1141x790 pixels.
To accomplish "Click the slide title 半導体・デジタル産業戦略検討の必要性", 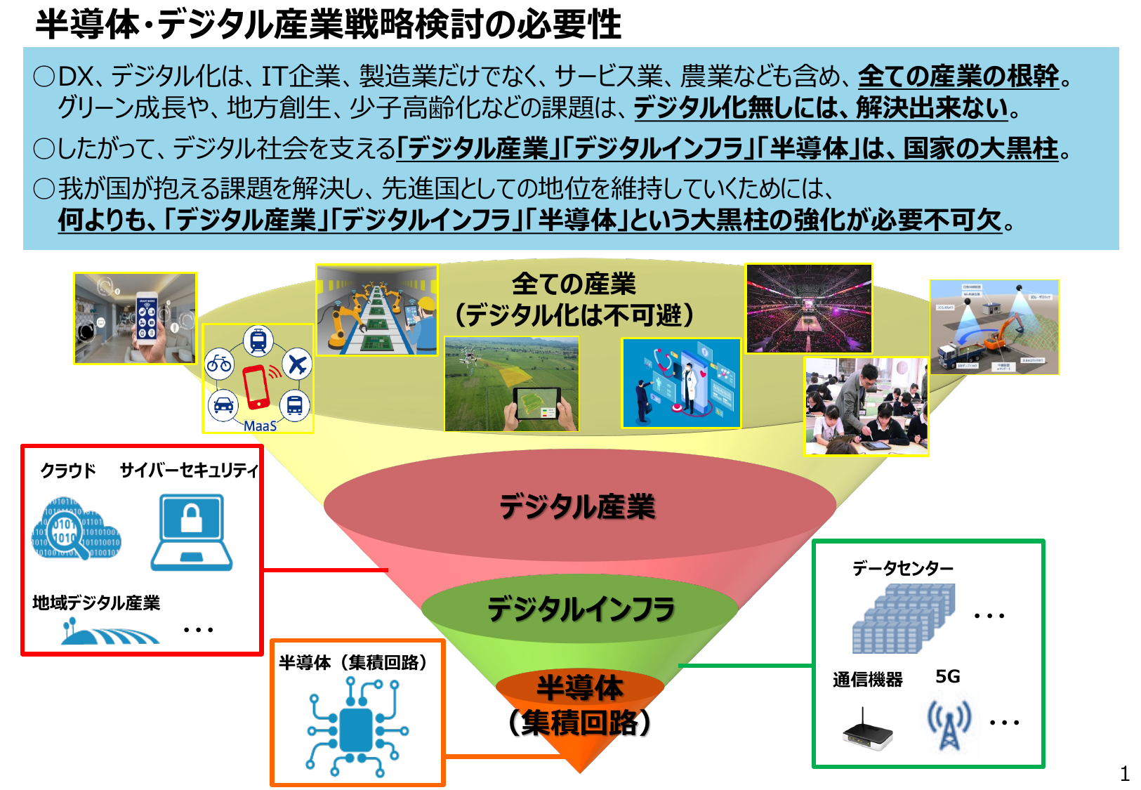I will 328,25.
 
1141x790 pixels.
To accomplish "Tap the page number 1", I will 1125,773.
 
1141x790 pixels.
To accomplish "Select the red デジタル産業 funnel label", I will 577,506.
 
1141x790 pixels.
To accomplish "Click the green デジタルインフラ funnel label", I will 581,609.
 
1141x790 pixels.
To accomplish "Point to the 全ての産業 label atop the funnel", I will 574,284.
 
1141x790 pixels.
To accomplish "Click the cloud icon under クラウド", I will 76,529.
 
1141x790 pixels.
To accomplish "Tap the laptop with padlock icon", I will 191,532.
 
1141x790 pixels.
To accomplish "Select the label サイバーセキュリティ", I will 189,470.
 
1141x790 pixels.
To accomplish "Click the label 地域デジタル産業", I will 96,603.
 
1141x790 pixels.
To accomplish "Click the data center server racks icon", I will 903,618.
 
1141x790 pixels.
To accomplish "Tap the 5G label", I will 947,676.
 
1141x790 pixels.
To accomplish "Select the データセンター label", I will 902,568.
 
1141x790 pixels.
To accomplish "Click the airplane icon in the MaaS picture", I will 297,364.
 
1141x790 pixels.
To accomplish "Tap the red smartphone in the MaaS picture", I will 256,386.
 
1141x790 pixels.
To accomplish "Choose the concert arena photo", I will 808,308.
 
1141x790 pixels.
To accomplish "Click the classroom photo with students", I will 866,407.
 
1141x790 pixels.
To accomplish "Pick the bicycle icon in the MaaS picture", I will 219,363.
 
